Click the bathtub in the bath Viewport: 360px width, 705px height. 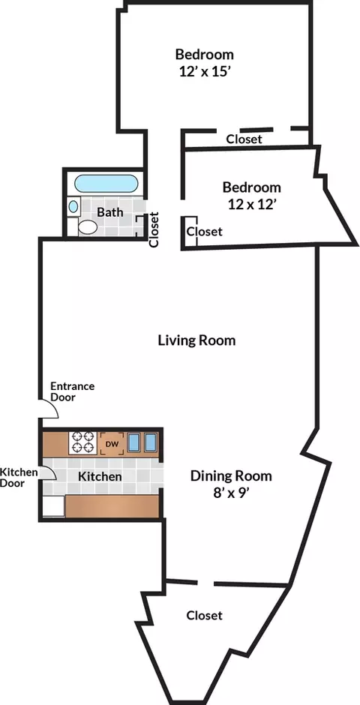tap(106, 184)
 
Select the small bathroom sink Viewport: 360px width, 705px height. tap(73, 206)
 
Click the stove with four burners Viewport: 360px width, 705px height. tap(83, 442)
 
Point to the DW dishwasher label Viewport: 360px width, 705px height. tap(112, 444)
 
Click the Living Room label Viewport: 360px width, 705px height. tap(196, 340)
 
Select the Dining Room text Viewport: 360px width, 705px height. tap(231, 475)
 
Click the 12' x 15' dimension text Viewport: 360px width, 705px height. tap(205, 71)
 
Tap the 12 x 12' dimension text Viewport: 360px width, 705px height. tap(252, 205)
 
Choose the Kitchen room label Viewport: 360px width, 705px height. tap(100, 476)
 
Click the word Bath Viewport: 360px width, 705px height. tap(109, 211)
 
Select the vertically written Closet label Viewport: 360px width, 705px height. tap(154, 229)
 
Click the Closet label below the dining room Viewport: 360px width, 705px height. tap(205, 615)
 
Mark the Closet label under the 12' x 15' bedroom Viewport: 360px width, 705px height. tap(244, 139)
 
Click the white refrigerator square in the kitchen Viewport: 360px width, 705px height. tap(53, 506)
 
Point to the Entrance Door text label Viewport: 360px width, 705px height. tap(72, 391)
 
